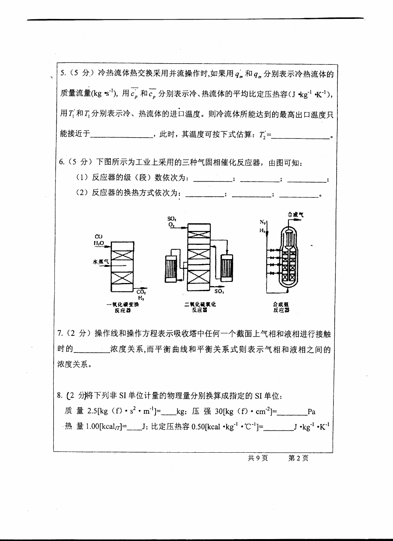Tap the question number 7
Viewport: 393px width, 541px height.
60,333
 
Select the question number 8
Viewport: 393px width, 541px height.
59,395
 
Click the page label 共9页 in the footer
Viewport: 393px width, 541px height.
258,458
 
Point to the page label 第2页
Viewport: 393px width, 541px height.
298,458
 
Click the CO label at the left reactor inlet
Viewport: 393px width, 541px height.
98,236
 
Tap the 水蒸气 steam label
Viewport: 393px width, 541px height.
100,261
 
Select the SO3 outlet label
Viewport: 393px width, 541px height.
219,292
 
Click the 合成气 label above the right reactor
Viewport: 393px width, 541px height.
295,214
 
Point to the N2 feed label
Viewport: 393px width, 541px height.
263,222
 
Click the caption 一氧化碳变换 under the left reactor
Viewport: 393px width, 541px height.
123,305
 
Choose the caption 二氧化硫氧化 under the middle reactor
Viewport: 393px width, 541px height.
200,304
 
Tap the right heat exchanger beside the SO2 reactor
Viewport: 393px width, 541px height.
227,266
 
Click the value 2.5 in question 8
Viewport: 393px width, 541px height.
93,411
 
